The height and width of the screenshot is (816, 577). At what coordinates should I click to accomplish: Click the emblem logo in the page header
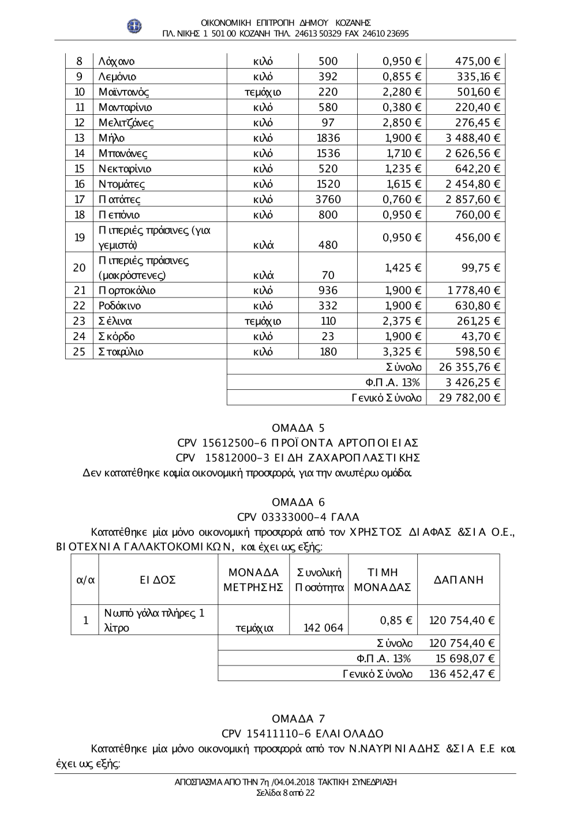[134, 26]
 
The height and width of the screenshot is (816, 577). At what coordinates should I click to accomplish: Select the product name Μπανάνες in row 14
[123, 153]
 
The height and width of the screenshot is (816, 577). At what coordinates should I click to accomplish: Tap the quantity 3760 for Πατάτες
[328, 200]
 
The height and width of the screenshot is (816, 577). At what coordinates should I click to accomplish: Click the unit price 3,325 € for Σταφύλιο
[402, 352]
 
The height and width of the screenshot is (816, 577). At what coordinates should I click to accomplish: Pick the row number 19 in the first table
[80, 238]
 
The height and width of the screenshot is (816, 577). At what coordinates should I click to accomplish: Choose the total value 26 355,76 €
[469, 367]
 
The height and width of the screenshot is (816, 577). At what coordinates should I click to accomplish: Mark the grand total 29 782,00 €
[469, 398]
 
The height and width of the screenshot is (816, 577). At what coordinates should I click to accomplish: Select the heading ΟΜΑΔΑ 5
[298, 428]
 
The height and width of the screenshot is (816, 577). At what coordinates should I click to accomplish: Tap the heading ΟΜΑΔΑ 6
[298, 502]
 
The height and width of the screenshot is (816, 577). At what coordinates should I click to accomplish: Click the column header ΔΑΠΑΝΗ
[459, 580]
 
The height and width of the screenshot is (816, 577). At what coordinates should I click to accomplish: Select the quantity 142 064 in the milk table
[323, 628]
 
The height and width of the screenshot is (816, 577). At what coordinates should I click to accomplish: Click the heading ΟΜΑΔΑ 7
[298, 719]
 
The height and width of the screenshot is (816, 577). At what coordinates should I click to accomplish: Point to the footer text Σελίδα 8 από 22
[286, 793]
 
